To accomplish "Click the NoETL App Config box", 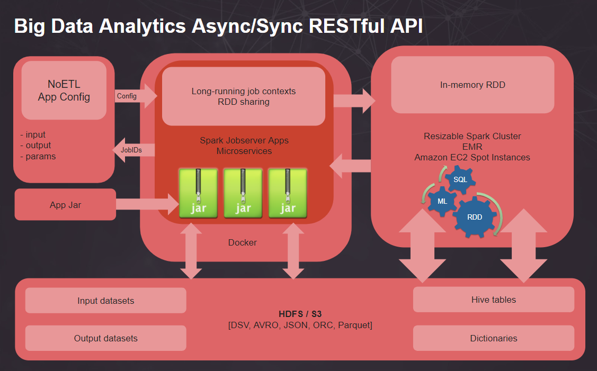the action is pos(64,90).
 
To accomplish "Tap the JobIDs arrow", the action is pos(133,150).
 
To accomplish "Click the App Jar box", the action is pos(65,205).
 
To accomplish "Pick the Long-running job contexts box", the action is pos(244,96).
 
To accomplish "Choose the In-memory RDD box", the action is pos(473,85).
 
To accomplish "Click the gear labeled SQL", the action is pos(460,179).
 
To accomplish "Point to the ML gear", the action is pos(442,201).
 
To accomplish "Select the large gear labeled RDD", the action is pos(475,217).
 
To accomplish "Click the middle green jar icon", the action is pos(243,193).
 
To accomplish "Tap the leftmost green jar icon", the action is pos(198,193).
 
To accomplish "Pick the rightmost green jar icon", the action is pos(288,193).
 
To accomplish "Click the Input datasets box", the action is pos(106,301).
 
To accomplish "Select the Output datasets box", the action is pos(106,338).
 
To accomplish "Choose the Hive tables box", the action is pos(494,300).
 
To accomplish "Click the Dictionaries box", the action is pos(494,338).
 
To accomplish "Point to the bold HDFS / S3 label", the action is pos(300,314).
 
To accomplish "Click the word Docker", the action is pos(243,242).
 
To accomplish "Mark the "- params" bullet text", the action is pos(38,156).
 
